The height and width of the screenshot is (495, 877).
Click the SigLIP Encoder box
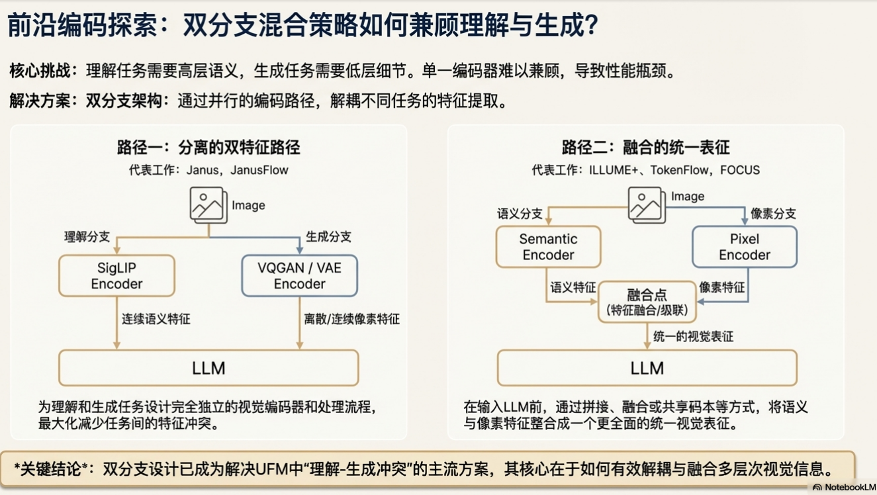(x=116, y=276)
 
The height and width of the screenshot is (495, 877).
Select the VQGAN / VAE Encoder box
(x=299, y=276)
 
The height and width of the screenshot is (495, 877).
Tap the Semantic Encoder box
(x=548, y=247)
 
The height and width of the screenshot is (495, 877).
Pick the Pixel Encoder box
(x=745, y=247)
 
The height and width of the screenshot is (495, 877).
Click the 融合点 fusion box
(x=647, y=302)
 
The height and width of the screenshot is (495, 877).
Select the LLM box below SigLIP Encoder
(x=208, y=368)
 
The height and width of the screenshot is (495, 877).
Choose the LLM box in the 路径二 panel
(x=647, y=368)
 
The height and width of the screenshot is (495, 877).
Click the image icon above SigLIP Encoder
(x=208, y=204)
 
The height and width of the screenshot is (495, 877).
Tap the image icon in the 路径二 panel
(x=647, y=204)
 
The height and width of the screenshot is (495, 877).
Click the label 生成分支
(x=328, y=237)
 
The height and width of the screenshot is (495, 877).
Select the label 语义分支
(x=520, y=214)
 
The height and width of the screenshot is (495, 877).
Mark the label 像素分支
(x=773, y=214)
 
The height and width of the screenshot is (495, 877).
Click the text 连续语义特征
(x=156, y=319)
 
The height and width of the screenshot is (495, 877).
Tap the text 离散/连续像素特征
(x=351, y=319)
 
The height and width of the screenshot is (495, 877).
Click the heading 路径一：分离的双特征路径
(x=208, y=147)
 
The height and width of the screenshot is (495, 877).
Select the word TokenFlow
(x=680, y=170)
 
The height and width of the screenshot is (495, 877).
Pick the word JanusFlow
(x=259, y=170)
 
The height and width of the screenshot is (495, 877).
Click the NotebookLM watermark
(x=845, y=488)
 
